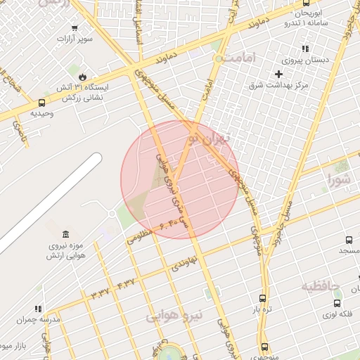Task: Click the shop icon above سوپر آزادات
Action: (x=75, y=28)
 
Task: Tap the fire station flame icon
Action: (x=83, y=76)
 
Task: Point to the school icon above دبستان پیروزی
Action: (x=304, y=49)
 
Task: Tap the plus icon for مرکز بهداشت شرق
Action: (x=279, y=74)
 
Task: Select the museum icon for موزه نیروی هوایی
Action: (x=65, y=234)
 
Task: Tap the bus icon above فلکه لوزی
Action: (x=337, y=303)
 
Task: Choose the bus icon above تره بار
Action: (x=262, y=298)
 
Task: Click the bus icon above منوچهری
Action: (x=264, y=347)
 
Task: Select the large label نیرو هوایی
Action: (x=174, y=316)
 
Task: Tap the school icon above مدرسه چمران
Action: (x=38, y=309)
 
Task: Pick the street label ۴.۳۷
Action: (x=124, y=282)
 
